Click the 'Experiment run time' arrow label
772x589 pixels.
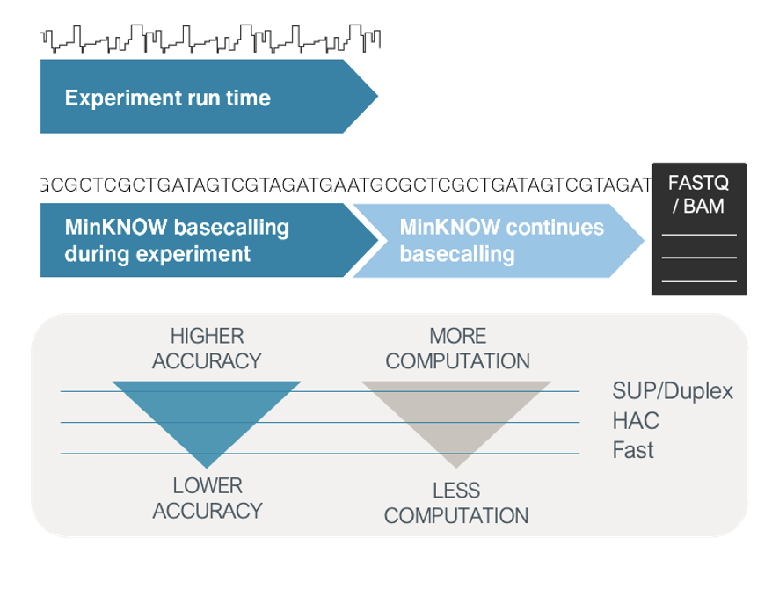[167, 98]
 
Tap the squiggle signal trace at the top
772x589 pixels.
[211, 37]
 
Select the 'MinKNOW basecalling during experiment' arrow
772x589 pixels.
[177, 241]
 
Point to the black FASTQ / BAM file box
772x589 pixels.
[698, 229]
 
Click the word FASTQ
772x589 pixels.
[698, 185]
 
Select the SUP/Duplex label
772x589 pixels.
[672, 390]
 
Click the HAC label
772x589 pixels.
[635, 421]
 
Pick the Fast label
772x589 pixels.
[633, 451]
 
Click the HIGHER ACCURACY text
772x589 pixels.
[207, 348]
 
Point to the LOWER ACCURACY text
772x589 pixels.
[207, 498]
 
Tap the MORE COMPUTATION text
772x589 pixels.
[457, 348]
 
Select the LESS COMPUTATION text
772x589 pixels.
[456, 502]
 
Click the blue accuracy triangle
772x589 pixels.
[207, 413]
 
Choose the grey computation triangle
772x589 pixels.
[456, 413]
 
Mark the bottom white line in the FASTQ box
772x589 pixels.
[698, 280]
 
